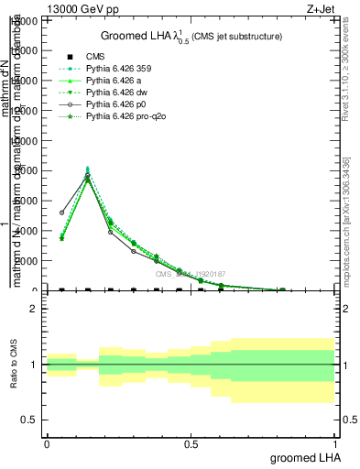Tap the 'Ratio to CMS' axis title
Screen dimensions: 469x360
click(14, 365)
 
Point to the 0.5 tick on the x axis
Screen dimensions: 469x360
click(191, 443)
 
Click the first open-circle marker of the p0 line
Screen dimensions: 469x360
click(61, 213)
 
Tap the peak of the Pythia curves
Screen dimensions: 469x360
click(87, 172)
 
